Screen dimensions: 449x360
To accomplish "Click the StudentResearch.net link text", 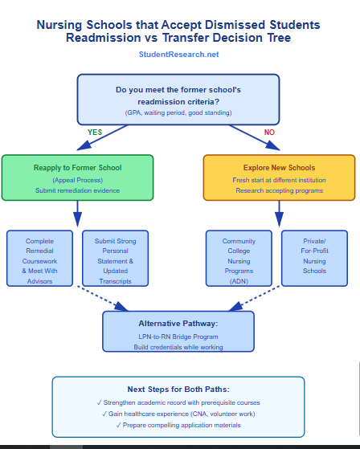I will pyautogui.click(x=178, y=55).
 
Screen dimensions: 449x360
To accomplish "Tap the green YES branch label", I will pyautogui.click(x=95, y=132).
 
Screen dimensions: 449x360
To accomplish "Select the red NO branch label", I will pyautogui.click(x=269, y=132).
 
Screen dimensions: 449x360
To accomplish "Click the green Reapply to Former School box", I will pyautogui.click(x=77, y=177).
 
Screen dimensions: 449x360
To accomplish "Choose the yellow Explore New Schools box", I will pyautogui.click(x=278, y=177).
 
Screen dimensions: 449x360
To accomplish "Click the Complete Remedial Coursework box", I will pyautogui.click(x=39, y=258).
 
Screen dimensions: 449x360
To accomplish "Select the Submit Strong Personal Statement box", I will pyautogui.click(x=115, y=258).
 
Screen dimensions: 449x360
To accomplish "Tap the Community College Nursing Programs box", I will pyautogui.click(x=239, y=258).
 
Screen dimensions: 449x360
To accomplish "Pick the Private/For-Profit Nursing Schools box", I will pyautogui.click(x=314, y=258).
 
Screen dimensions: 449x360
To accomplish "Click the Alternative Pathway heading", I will pyautogui.click(x=178, y=323).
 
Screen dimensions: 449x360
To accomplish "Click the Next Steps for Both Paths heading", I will pyautogui.click(x=178, y=389).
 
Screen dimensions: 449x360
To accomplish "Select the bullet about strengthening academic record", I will pyautogui.click(x=178, y=402).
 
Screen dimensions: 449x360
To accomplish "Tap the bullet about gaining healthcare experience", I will pyautogui.click(x=178, y=413).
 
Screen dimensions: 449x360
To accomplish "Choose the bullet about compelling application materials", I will pyautogui.click(x=178, y=425).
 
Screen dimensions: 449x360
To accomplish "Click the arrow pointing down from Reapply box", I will pyautogui.click(x=78, y=214).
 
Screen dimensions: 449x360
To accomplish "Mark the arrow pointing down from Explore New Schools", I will pyautogui.click(x=279, y=214).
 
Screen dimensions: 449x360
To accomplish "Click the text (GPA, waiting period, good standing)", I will pyautogui.click(x=178, y=113).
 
